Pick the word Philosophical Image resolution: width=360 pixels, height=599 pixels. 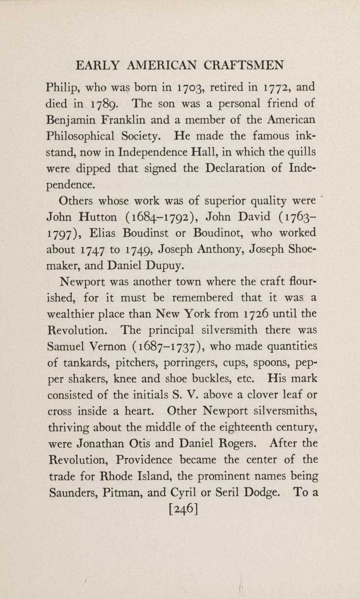[x=80, y=137]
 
